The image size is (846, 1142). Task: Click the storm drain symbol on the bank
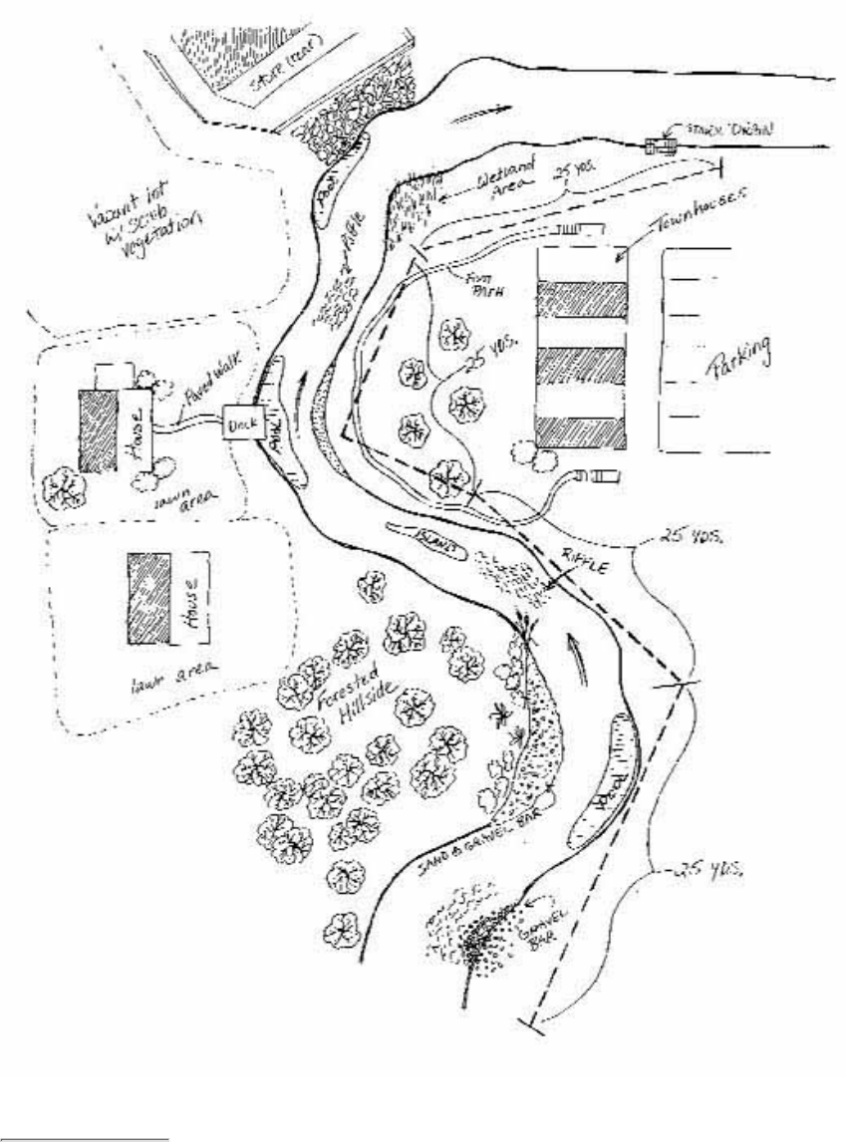coord(659,146)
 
